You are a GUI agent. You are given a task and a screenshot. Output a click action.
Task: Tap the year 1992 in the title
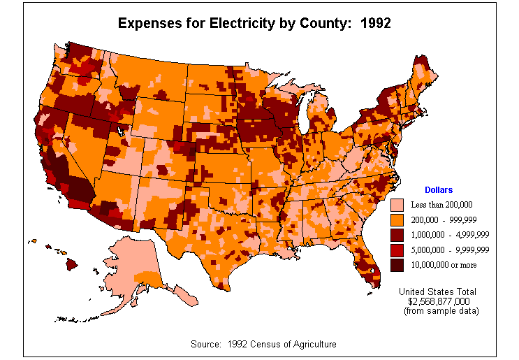point(375,22)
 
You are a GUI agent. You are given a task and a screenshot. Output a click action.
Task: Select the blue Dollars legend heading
point(439,189)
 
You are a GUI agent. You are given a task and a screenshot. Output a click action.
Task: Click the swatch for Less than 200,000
point(397,205)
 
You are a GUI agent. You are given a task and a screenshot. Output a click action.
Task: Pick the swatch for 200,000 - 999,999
point(397,219)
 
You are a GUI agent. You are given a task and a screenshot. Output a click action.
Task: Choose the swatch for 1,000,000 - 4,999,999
point(397,235)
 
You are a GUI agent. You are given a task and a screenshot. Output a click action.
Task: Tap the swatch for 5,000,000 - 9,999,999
point(397,250)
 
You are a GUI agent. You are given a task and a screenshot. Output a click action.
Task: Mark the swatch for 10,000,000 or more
point(397,265)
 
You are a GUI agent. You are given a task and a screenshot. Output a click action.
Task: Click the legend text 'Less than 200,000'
point(443,205)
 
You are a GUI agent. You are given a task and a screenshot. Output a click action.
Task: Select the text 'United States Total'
point(437,291)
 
